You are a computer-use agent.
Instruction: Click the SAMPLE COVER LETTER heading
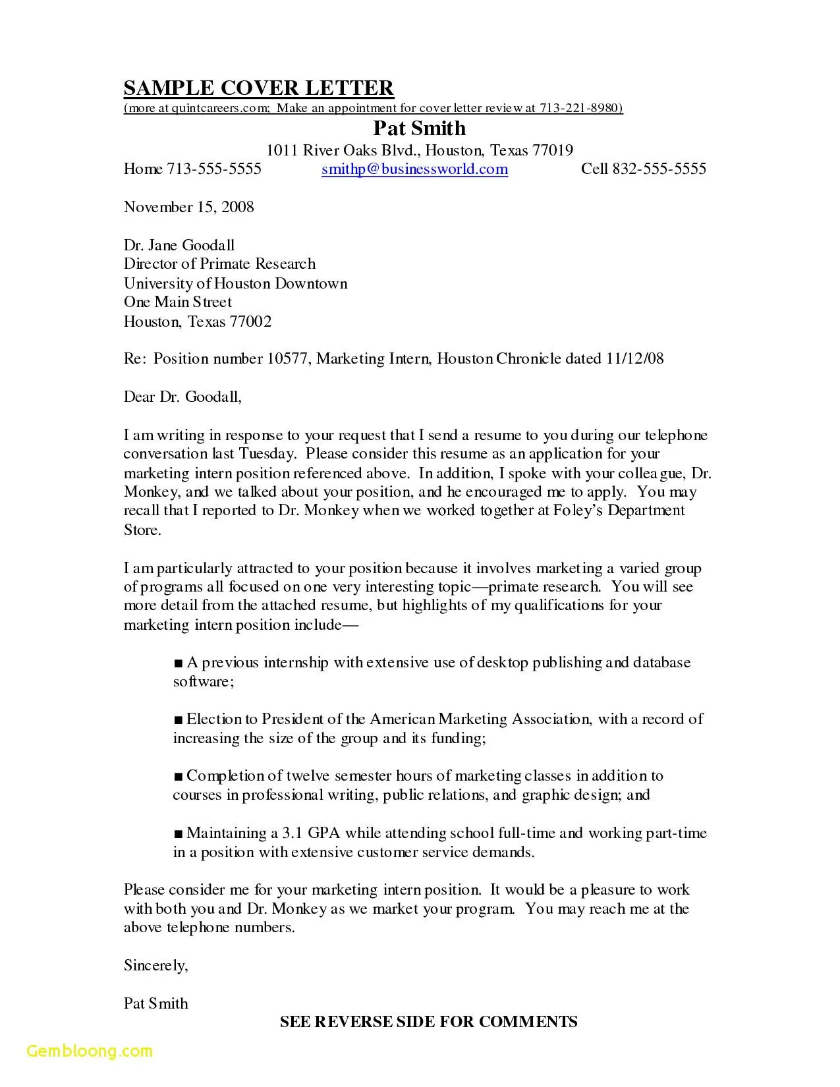[258, 88]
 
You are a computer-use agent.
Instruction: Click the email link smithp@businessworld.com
[414, 169]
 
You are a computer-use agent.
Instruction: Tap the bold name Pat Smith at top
[419, 128]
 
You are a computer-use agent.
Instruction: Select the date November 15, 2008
[188, 208]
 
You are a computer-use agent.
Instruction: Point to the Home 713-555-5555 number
[192, 169]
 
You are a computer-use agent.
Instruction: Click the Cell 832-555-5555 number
[643, 169]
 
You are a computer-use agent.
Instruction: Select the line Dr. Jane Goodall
[179, 246]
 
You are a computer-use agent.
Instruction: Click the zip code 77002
[250, 322]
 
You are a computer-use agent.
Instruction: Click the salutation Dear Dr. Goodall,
[182, 397]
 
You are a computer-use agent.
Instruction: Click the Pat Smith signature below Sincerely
[155, 1004]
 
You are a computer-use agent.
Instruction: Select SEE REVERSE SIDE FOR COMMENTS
[428, 1022]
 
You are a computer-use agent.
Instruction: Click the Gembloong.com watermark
[90, 1051]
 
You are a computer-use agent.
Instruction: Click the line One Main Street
[178, 302]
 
